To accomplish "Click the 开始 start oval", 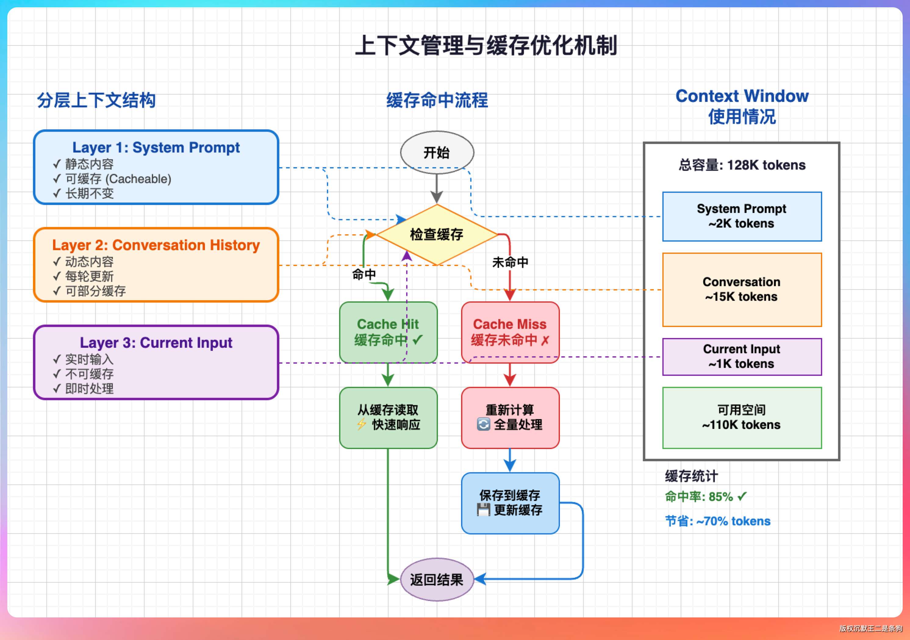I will (437, 153).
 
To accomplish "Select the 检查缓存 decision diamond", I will (437, 234).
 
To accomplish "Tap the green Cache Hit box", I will (388, 332).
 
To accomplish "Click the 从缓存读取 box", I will (388, 418).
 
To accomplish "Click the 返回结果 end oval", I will (437, 580).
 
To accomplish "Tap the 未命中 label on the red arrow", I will (510, 262).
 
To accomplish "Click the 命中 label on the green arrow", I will (364, 274).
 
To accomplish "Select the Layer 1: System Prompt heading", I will (156, 148).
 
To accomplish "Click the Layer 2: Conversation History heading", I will (156, 245).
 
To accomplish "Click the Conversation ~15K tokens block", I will (742, 289).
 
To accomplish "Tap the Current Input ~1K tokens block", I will (742, 357).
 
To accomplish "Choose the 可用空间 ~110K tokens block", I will (742, 418).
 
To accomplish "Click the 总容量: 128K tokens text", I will (742, 165).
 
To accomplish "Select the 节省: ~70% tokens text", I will (717, 521).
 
